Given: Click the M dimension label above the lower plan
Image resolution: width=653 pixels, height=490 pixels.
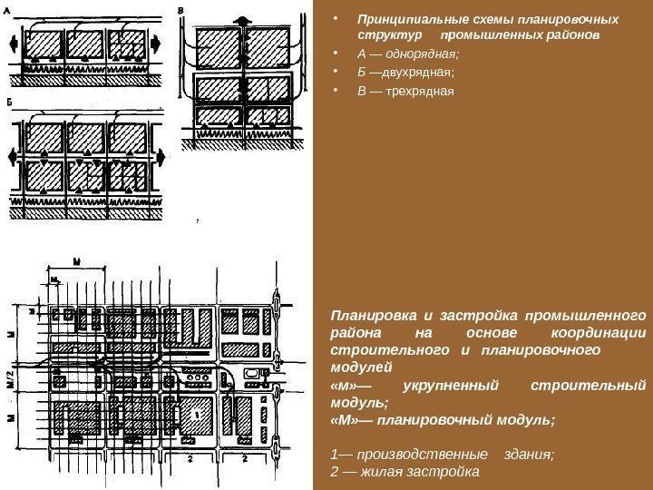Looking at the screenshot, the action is [77, 260].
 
